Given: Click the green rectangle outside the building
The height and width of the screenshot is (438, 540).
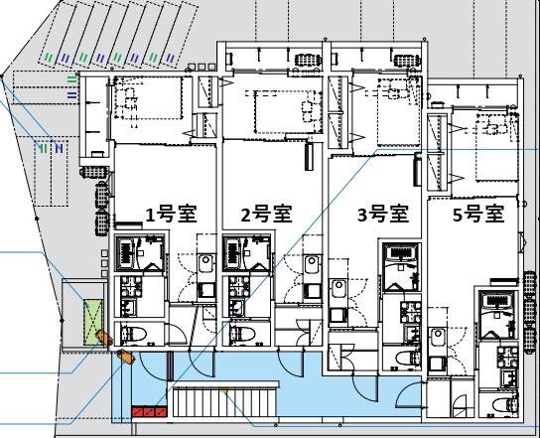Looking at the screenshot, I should click(x=93, y=318).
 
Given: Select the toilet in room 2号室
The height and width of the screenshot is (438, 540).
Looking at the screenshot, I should click(x=241, y=334).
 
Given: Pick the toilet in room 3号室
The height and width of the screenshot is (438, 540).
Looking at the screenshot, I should click(x=404, y=356).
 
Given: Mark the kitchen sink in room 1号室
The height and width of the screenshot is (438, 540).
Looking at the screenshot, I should click(x=204, y=265).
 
